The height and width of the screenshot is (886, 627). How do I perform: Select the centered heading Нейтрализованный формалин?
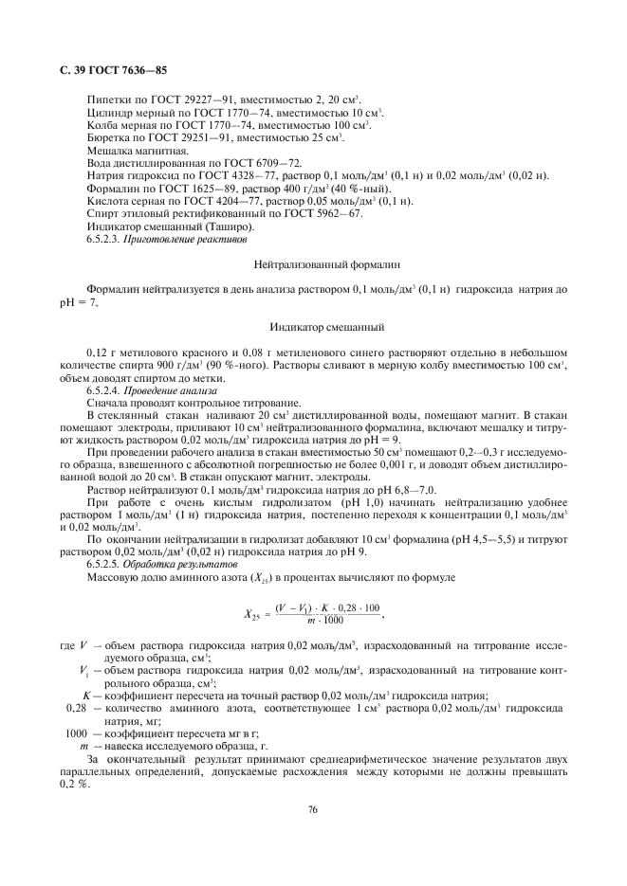(313, 267)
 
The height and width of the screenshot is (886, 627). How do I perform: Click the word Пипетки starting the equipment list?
(106, 99)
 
